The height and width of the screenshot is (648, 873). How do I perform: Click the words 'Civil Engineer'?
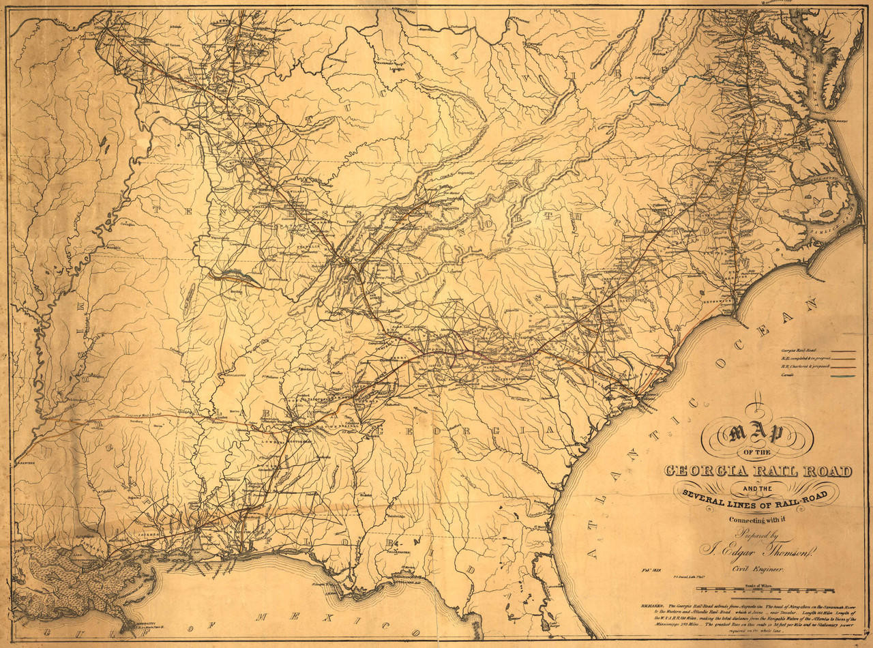pos(757,569)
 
